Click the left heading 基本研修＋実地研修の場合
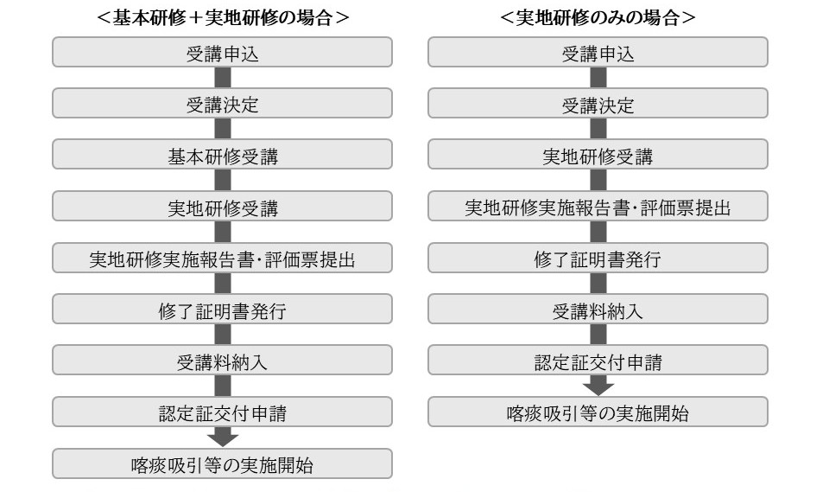(223, 17)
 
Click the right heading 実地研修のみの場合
(598, 17)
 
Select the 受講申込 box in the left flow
(222, 52)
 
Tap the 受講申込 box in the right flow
(598, 52)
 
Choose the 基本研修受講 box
(222, 154)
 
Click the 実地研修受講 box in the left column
(222, 206)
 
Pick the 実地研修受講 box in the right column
(598, 154)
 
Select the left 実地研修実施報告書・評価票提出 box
(222, 258)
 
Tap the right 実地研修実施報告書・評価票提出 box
(598, 206)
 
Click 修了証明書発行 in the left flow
(222, 309)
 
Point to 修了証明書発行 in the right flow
(598, 258)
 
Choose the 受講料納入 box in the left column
(222, 360)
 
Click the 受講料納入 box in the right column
(598, 309)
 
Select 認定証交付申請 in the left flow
(222, 412)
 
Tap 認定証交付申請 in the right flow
(598, 360)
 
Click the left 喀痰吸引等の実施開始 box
(222, 463)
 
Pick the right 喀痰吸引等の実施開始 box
(598, 412)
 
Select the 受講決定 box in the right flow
(598, 103)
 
